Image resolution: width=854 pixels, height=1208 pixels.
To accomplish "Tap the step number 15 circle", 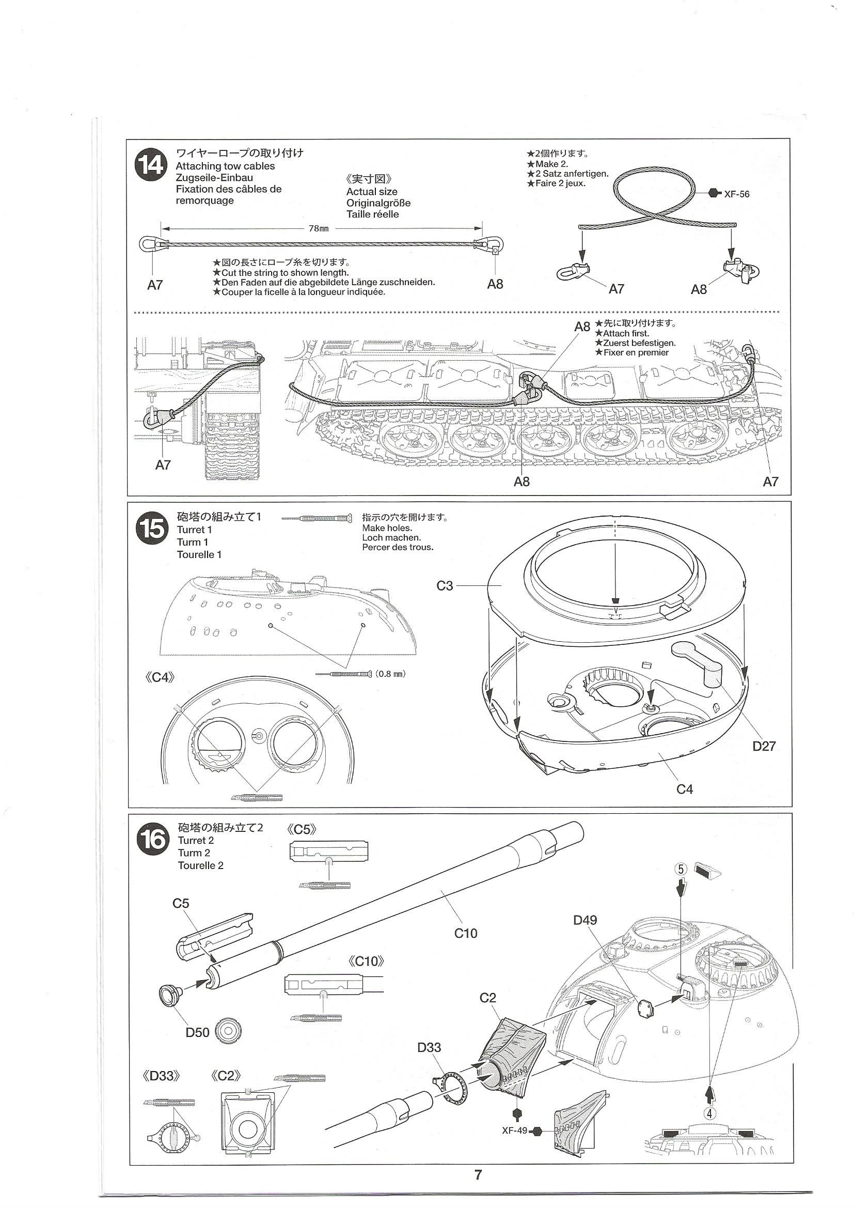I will point(152,529).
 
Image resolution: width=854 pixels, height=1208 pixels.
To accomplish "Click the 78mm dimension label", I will point(318,229).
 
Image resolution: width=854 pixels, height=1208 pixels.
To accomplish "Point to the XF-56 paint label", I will point(736,194).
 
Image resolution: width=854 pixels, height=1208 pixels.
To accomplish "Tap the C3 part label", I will point(445,585).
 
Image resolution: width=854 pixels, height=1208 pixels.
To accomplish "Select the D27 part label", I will point(764,746).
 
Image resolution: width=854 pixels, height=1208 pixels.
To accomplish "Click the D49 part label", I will point(585,920).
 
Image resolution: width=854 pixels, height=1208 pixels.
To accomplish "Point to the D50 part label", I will point(197,1033).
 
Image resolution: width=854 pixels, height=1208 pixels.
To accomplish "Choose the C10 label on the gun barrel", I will point(465,933).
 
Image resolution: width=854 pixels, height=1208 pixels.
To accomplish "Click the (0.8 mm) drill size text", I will point(391,674).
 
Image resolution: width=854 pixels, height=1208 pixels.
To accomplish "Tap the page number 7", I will point(478,1174).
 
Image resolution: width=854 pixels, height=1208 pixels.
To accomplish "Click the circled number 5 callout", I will point(681,869).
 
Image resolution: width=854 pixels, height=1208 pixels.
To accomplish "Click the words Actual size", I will point(371,192).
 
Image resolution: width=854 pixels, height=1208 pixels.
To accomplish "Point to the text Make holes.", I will point(387,528).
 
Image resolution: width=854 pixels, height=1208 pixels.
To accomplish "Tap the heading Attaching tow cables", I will point(225,166).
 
